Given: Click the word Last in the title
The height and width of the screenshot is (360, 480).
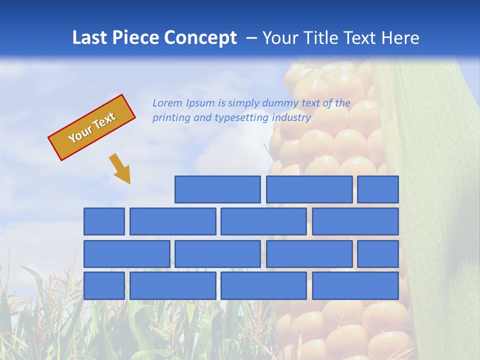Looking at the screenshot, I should (x=90, y=38).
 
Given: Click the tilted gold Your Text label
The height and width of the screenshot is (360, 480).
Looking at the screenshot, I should (x=91, y=127).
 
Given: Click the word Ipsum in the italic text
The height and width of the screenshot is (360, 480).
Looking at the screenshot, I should (x=201, y=103).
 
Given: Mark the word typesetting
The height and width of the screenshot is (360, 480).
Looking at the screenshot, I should (x=242, y=118).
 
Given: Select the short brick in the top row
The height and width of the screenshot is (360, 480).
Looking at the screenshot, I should (x=378, y=189).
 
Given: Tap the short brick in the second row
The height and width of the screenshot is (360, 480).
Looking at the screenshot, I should (x=104, y=221).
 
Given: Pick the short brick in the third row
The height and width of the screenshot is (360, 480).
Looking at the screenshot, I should (x=378, y=254).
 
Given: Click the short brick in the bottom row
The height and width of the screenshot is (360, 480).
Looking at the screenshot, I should (x=104, y=286).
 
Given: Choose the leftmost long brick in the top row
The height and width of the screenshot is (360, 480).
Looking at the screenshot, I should (x=217, y=189).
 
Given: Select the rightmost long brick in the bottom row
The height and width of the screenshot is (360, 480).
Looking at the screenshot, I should (x=355, y=286).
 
